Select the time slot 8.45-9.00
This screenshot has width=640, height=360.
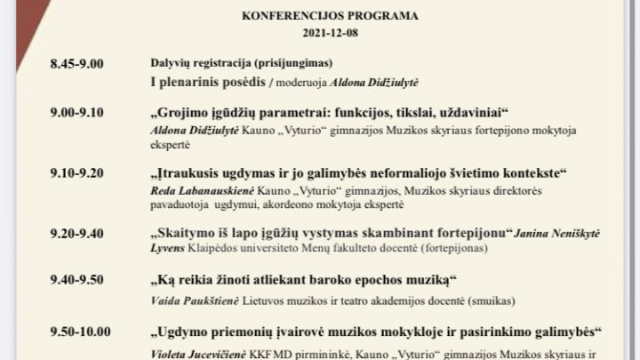[77, 64]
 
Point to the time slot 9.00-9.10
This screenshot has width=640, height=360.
[77, 113]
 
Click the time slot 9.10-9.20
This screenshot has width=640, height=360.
[77, 172]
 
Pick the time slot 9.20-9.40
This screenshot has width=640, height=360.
[77, 233]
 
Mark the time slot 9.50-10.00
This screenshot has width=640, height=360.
[80, 332]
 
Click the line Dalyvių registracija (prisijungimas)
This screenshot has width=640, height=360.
[241, 64]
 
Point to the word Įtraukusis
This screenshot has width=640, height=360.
[191, 172]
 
